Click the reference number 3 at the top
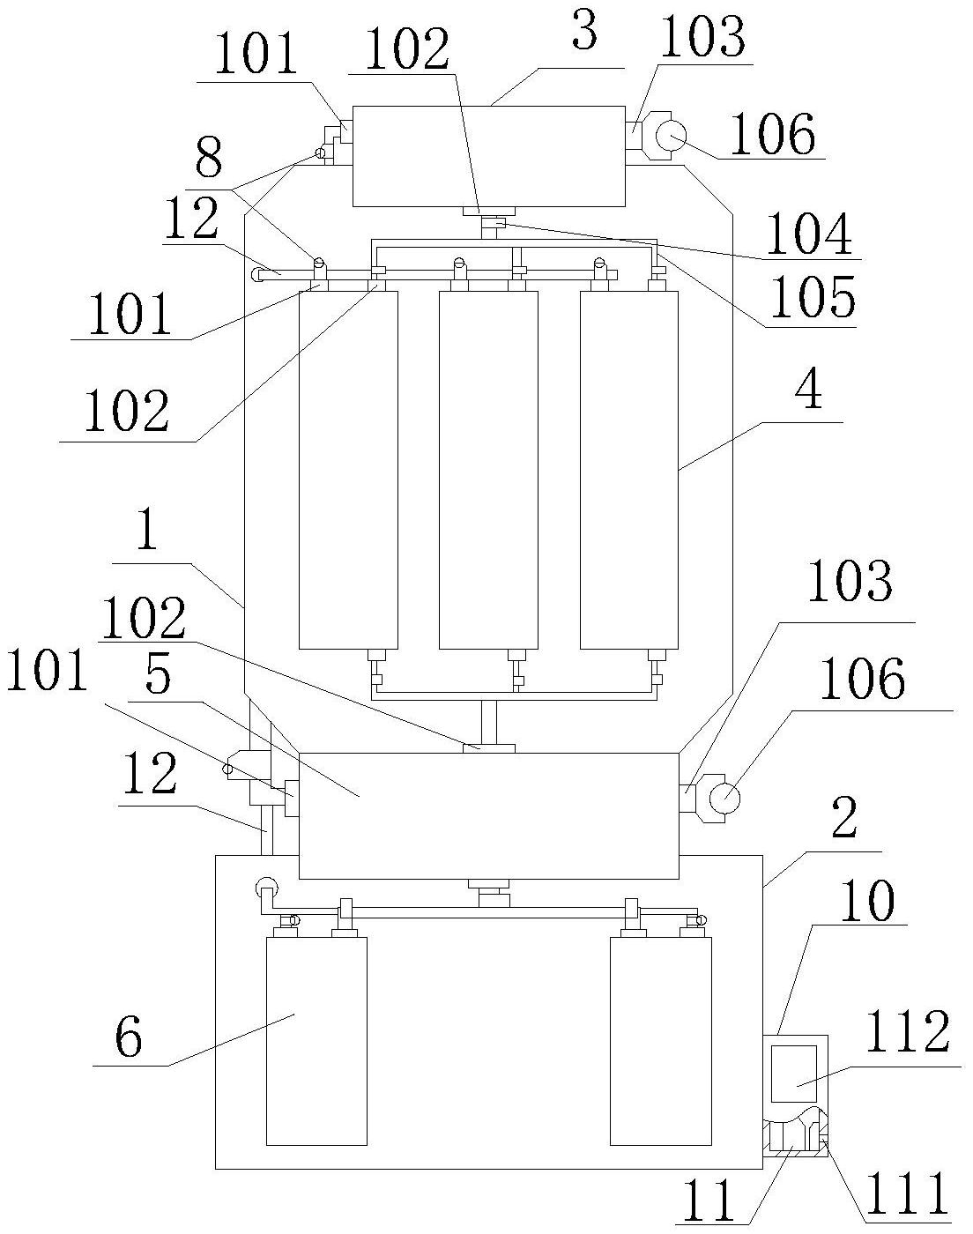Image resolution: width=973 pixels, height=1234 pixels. (x=583, y=33)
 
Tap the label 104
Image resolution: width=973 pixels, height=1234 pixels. (x=808, y=234)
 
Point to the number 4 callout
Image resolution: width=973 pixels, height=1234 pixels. (x=807, y=392)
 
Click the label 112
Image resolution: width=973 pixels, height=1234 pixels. (x=909, y=1034)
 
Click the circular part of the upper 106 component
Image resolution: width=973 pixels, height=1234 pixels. (x=675, y=136)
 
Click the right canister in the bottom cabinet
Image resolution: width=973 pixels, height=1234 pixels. (x=660, y=1040)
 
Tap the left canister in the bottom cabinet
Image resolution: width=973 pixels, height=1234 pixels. (x=316, y=1040)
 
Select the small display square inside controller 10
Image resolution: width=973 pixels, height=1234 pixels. (x=795, y=1071)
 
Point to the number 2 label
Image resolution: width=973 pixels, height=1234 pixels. (x=843, y=821)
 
